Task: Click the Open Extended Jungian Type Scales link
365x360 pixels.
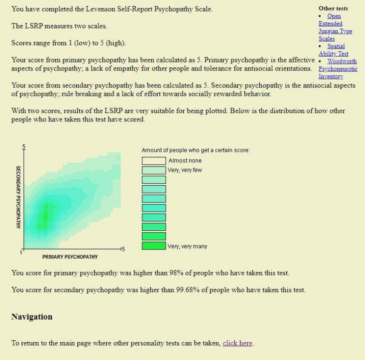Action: tap(335, 24)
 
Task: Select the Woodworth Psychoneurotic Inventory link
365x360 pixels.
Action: tap(338, 69)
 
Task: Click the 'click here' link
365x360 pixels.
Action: tap(237, 343)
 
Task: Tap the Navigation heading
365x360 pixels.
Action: tap(32, 317)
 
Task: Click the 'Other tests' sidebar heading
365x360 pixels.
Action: tap(333, 8)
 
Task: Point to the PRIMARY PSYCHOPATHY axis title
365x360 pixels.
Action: tap(70, 257)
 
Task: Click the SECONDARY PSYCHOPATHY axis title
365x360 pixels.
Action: tap(18, 197)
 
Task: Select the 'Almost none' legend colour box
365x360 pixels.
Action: tap(154, 160)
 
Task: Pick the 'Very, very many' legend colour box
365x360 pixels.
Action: tap(154, 246)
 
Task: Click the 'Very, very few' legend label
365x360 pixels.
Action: tap(184, 170)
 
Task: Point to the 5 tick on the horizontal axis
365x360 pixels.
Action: tap(122, 249)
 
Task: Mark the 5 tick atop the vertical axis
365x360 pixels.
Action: tap(23, 146)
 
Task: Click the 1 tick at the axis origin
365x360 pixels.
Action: tap(21, 252)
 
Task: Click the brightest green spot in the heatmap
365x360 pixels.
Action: tap(45, 216)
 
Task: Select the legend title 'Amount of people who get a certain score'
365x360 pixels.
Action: tap(195, 150)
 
